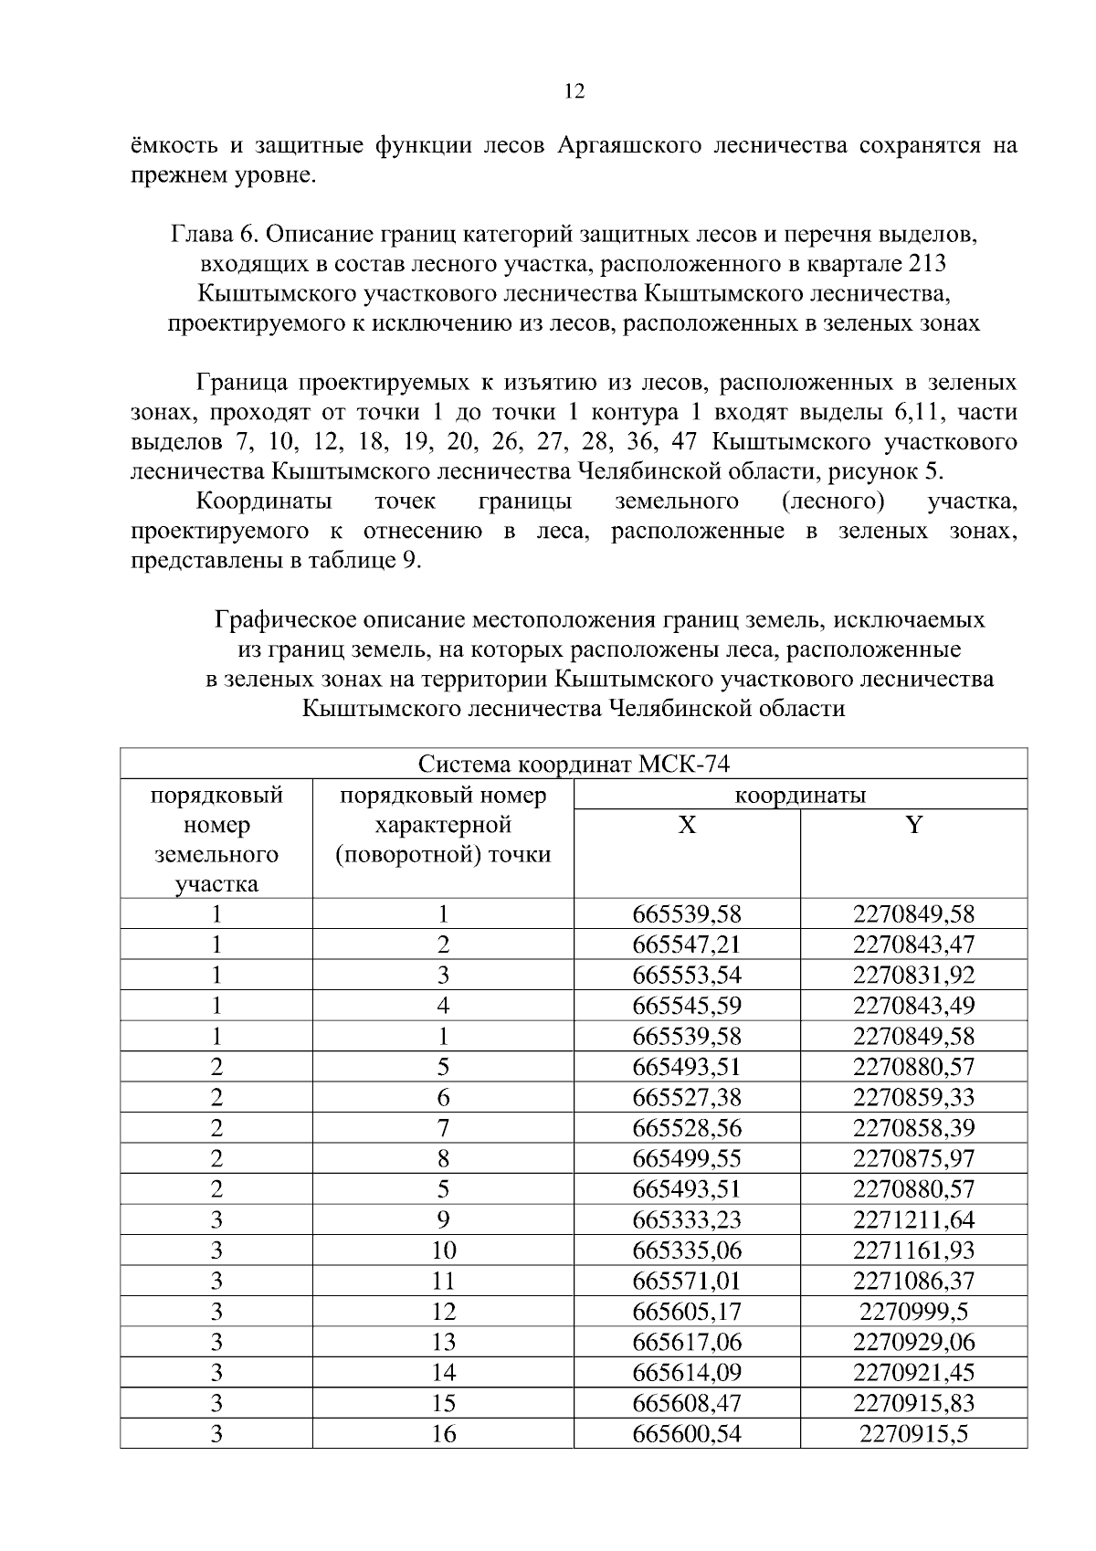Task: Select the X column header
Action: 687,826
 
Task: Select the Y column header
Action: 913,826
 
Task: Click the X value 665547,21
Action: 687,944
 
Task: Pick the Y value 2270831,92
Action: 913,975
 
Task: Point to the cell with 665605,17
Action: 687,1312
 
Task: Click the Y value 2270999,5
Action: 913,1312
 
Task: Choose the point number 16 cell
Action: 443,1434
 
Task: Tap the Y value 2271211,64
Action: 913,1219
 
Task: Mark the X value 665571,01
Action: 687,1281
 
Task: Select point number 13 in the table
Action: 443,1342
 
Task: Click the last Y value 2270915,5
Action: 913,1434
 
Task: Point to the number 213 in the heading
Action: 928,264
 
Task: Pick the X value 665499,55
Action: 687,1158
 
